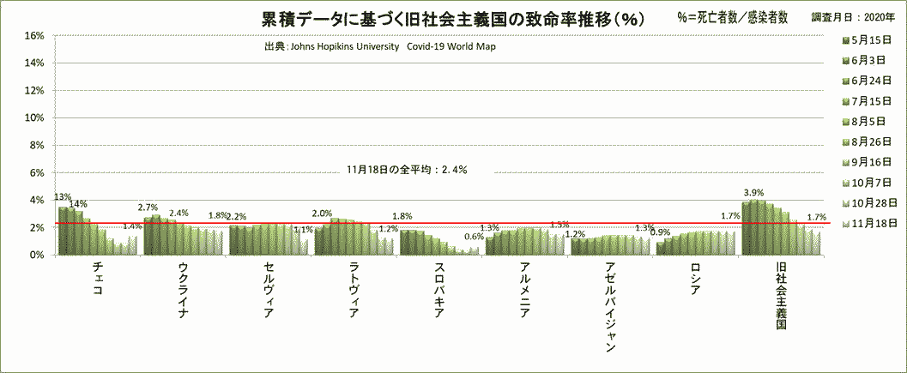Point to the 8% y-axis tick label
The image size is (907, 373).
pyautogui.click(x=34, y=145)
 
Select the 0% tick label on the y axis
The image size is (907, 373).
pyautogui.click(x=34, y=255)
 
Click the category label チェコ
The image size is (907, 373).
pyautogui.click(x=99, y=279)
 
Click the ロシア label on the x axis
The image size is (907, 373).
pyautogui.click(x=697, y=279)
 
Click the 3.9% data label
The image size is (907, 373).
pyautogui.click(x=753, y=192)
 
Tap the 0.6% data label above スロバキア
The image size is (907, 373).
pyautogui.click(x=473, y=237)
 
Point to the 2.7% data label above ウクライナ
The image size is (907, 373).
pyautogui.click(x=148, y=208)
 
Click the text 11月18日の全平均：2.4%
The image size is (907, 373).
pyautogui.click(x=407, y=170)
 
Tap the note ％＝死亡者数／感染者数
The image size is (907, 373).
pyautogui.click(x=732, y=18)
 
